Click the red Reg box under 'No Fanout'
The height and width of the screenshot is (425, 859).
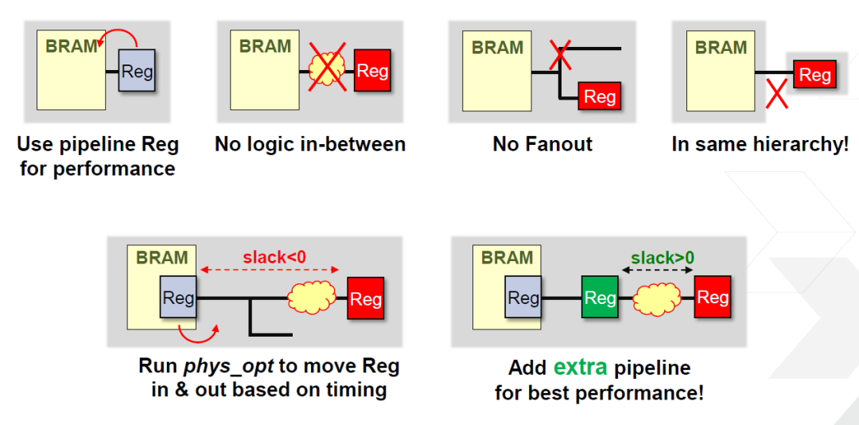coord(599,96)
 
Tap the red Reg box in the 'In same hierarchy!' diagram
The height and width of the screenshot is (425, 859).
coord(814,75)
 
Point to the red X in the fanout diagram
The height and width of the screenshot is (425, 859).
coord(560,55)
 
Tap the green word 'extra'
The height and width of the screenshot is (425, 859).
coord(581,368)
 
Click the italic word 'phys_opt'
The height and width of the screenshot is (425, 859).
coord(229,367)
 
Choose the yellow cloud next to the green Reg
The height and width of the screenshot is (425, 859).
coord(657,298)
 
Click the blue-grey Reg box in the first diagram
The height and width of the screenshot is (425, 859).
coord(137,72)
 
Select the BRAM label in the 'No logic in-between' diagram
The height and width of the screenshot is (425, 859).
coord(265,46)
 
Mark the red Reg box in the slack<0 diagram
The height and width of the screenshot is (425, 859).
coord(365,298)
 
